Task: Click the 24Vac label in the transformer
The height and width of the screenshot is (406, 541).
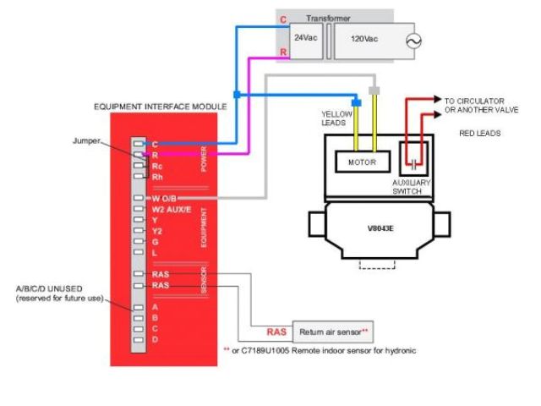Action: pos(306,39)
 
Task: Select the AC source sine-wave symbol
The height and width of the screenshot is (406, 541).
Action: pos(414,40)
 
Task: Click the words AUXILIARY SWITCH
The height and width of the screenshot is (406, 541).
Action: pos(413,187)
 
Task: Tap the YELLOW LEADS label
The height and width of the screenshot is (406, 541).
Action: pos(336,118)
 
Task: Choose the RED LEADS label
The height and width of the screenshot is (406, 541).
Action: pos(478,133)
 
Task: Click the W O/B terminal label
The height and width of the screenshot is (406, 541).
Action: pos(166,199)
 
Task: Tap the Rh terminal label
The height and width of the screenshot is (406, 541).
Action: pos(157,177)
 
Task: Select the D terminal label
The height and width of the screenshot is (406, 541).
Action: pos(155,339)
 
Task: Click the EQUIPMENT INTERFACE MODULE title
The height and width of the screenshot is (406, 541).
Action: pos(161,107)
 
